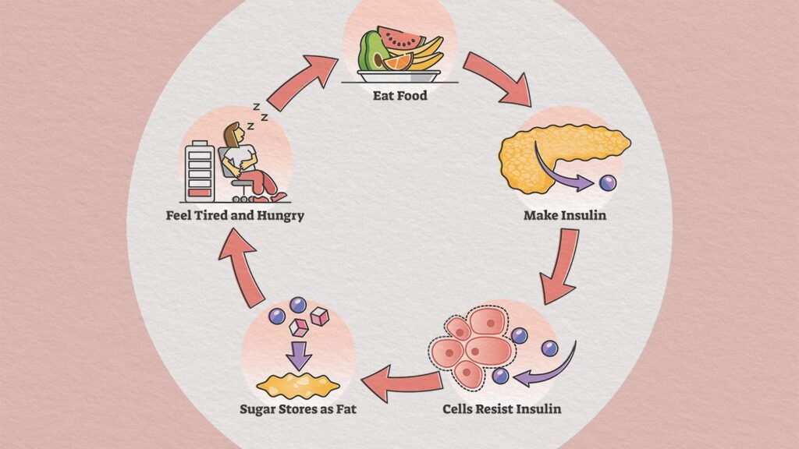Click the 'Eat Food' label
click(399, 97)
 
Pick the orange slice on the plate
click(397, 62)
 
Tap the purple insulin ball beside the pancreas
click(607, 183)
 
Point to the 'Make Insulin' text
click(565, 215)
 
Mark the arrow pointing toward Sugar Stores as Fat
click(403, 384)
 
